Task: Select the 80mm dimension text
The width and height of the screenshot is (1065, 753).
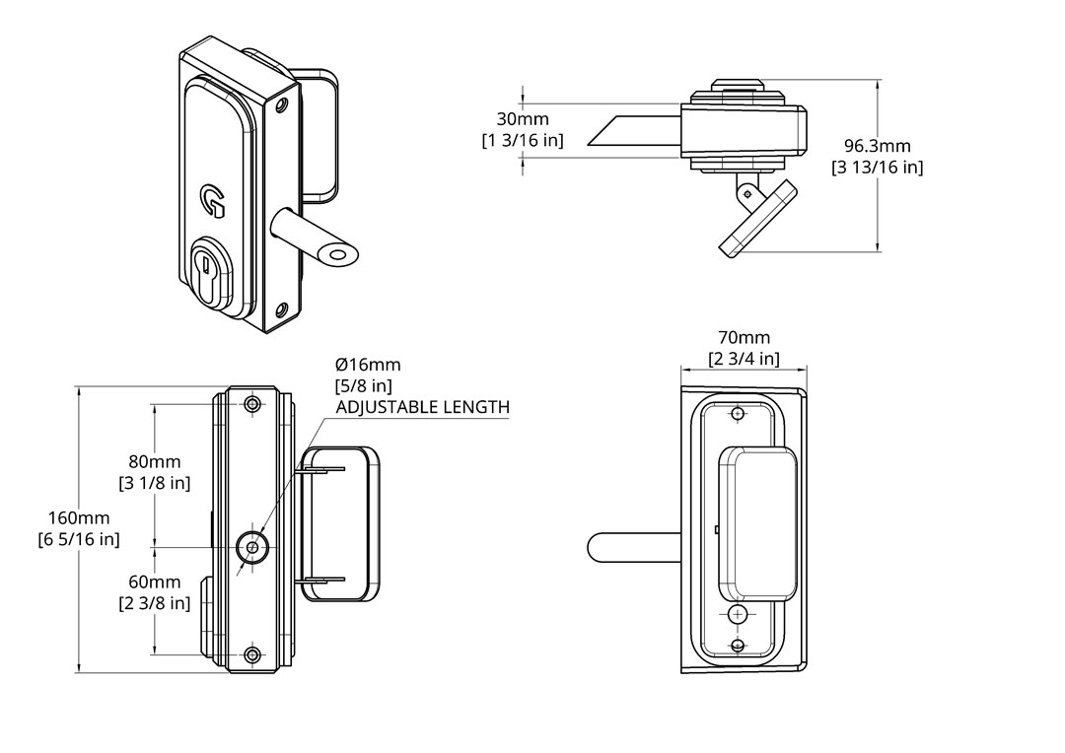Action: [154, 461]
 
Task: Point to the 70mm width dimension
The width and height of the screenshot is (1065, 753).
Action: [744, 338]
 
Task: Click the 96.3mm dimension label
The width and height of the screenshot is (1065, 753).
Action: [877, 147]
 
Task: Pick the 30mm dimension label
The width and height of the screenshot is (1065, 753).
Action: [523, 119]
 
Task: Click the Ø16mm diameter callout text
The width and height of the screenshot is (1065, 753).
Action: [368, 365]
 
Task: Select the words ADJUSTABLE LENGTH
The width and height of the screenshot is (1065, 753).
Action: [422, 406]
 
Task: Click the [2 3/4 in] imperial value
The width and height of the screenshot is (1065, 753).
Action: [744, 359]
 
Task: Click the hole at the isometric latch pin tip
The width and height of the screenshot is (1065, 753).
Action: [337, 256]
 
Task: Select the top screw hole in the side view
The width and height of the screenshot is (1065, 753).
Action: [253, 404]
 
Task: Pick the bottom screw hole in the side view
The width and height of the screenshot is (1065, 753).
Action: [253, 655]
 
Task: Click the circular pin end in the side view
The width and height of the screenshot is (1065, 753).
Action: [252, 546]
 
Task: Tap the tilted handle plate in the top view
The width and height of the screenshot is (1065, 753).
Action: [757, 220]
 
